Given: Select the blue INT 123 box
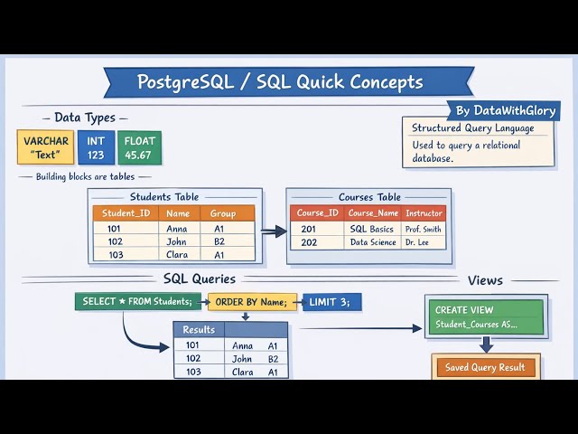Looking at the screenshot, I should (96, 147).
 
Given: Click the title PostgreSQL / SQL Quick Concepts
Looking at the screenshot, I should (280, 82).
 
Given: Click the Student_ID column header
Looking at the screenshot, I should (126, 213).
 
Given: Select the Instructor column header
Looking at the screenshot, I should (424, 213).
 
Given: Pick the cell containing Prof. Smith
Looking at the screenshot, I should (424, 229).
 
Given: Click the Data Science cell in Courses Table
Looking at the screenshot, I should (373, 242).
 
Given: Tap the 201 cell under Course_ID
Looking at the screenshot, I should (309, 229).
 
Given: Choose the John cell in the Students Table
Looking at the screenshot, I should (177, 241).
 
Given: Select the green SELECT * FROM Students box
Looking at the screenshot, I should (138, 301).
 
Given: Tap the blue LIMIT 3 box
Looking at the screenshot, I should (333, 301).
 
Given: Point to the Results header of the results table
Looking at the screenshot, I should (200, 329).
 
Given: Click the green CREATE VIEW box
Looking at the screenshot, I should (485, 316).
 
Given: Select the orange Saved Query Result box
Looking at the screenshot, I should (486, 367).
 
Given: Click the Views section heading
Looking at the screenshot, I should (485, 280).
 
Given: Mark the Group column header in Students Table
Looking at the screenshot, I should (223, 213).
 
